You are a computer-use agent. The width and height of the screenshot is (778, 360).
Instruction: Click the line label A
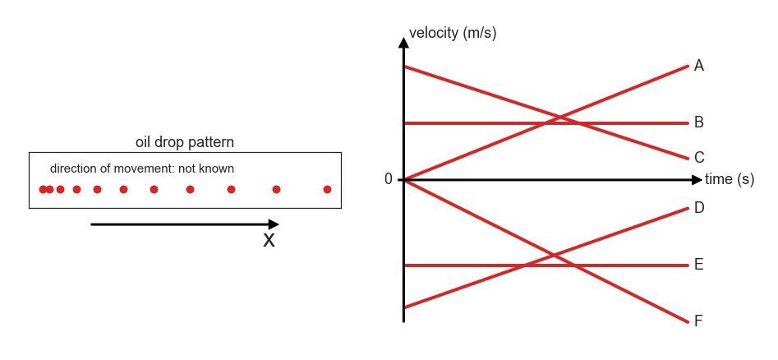[x=698, y=66]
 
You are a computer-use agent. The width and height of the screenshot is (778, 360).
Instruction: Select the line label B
[x=698, y=122]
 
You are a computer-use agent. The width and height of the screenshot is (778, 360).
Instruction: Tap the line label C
[x=699, y=158]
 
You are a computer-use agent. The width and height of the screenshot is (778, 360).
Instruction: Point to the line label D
[x=699, y=208]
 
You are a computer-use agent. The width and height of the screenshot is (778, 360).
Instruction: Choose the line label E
[x=698, y=265]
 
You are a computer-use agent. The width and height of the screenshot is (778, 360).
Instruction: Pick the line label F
[x=698, y=321]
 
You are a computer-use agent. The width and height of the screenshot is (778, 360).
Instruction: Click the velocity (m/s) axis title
[x=453, y=33]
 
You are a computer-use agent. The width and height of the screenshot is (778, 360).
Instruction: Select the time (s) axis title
[x=730, y=179]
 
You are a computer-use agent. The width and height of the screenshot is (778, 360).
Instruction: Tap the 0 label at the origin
[x=389, y=179]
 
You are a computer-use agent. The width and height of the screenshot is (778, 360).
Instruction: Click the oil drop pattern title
[x=185, y=142]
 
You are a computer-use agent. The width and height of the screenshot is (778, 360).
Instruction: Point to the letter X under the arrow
[x=269, y=241]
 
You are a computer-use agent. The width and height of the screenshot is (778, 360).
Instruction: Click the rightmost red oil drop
[x=327, y=189]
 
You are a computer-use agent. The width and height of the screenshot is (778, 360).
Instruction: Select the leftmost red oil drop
[x=44, y=189]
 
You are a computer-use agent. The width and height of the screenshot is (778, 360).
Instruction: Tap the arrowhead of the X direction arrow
[x=274, y=224]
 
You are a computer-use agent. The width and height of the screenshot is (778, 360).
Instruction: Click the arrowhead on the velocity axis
[x=404, y=43]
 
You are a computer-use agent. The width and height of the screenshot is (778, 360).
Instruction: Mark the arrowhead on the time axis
[x=697, y=179]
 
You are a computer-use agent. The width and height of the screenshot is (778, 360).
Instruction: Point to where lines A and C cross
[x=560, y=118]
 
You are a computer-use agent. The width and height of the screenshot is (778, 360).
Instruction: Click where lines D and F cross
[x=554, y=256]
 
